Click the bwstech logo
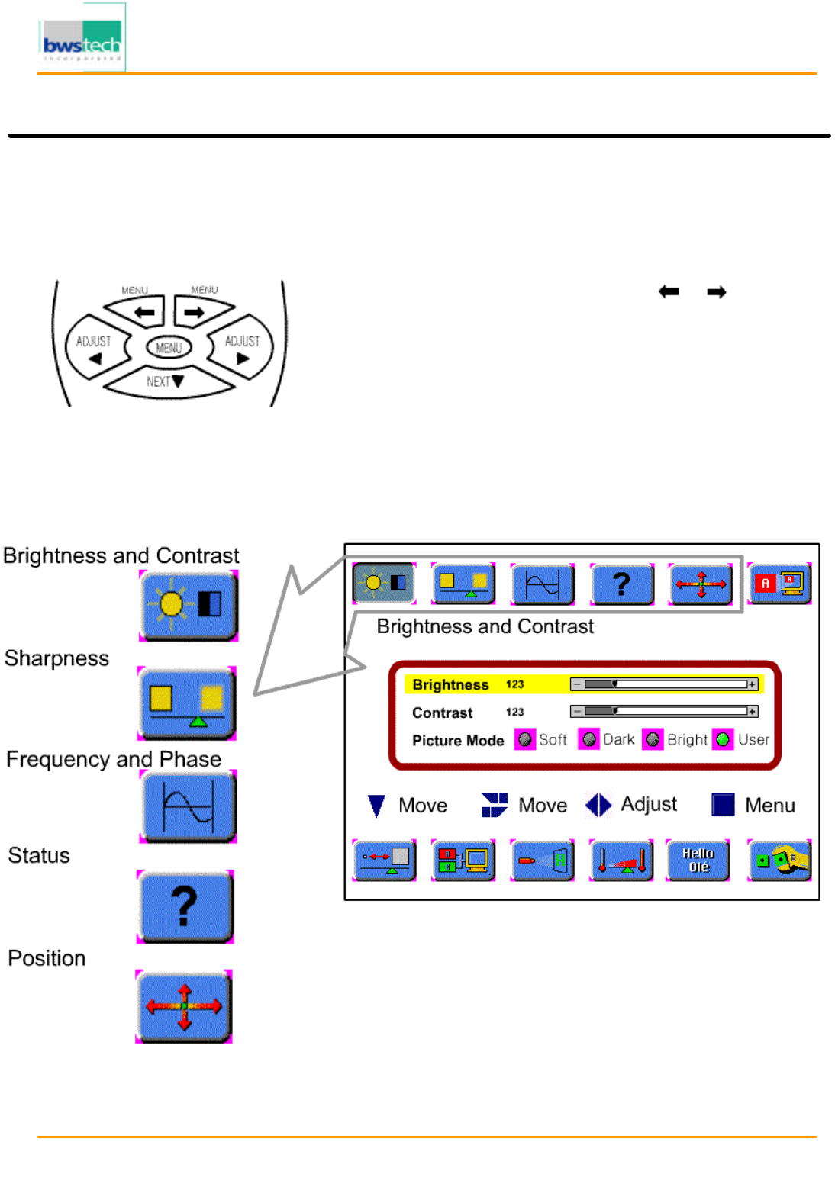82,38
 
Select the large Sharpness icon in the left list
187,703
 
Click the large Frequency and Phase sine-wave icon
189,806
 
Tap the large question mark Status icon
185,906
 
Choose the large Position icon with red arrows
184,1006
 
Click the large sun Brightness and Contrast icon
189,605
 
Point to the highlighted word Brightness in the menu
450,685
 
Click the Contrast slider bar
663,712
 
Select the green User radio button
723,739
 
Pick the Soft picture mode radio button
524,739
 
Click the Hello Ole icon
698,861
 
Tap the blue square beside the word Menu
722,805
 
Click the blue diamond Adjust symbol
598,805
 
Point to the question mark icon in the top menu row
622,584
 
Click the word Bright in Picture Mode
687,739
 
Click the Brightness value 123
515,684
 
